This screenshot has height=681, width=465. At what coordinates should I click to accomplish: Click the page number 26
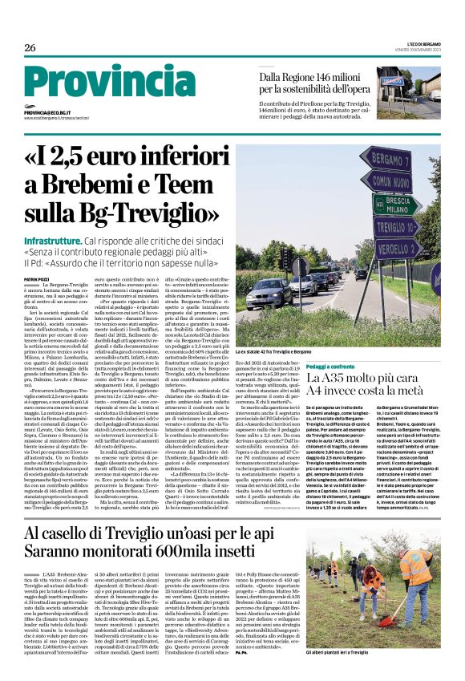point(30,49)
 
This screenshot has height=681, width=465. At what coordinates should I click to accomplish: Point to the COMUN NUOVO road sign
point(398,180)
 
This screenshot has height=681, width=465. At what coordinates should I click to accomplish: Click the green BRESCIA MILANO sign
point(398,204)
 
